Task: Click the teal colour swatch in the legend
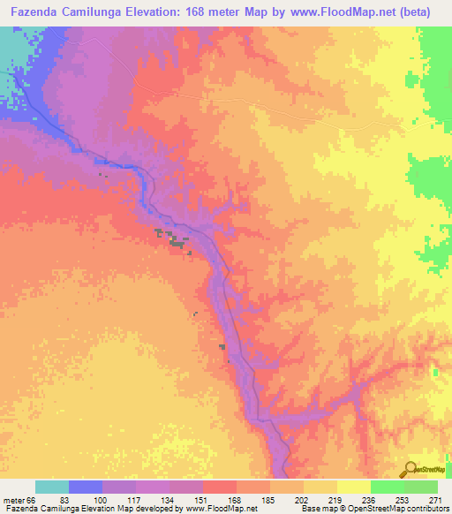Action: [52, 488]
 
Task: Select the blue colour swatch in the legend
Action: [86, 488]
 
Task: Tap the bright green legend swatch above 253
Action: [388, 488]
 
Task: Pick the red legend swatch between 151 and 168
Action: [220, 488]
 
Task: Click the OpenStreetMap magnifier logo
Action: [411, 468]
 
